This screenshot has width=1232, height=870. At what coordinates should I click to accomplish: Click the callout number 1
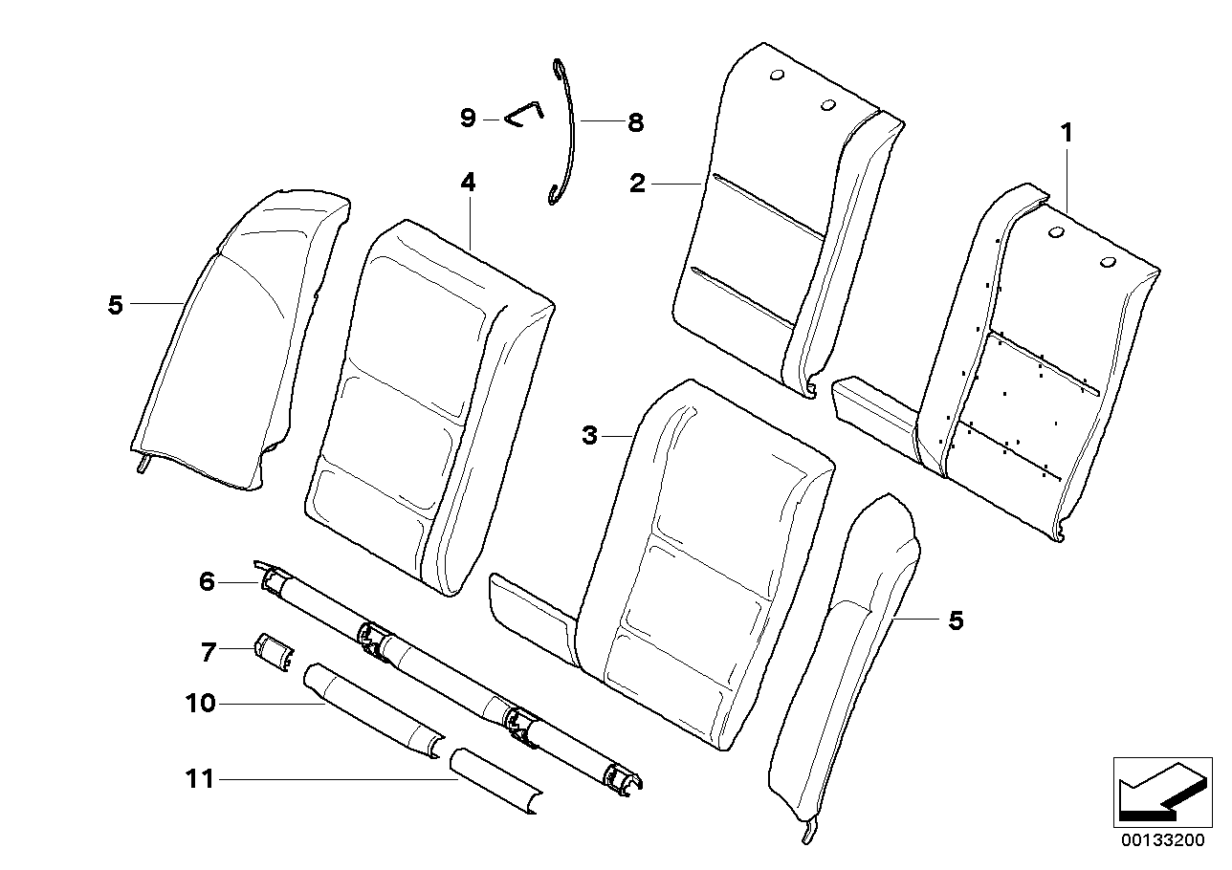1065,135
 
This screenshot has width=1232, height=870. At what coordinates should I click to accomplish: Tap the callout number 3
590,436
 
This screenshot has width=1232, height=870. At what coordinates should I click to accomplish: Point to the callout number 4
468,182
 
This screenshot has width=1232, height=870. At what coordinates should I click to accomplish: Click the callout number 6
208,580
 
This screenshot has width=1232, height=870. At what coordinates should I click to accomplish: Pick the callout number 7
208,652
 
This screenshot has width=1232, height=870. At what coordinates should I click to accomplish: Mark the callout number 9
468,118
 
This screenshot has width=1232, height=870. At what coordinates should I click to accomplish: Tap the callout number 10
202,704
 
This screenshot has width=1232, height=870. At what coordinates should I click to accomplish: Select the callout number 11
199,780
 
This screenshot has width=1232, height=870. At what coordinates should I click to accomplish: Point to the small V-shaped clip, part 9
523,113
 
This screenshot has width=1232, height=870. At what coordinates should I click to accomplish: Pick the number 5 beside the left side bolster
116,306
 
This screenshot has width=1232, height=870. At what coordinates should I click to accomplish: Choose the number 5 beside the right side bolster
955,621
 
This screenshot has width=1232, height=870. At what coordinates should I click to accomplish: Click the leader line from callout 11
335,780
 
